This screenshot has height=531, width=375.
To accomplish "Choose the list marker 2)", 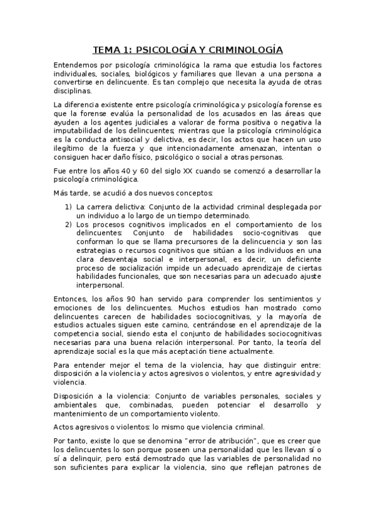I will tap(69, 225).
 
